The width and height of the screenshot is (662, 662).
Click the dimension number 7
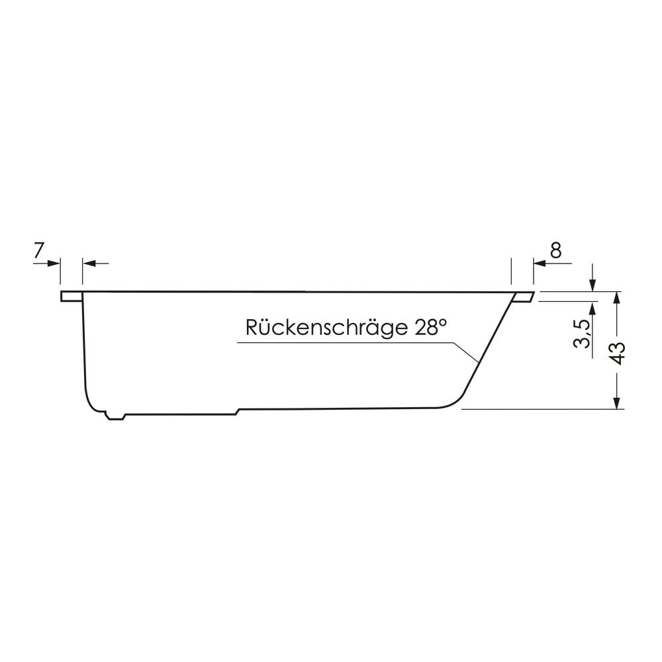[39, 250]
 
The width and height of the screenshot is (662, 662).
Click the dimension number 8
[556, 250]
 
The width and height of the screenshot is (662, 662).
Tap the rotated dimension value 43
[617, 353]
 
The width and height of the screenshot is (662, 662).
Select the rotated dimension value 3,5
[581, 334]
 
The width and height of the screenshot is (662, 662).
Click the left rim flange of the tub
[71, 297]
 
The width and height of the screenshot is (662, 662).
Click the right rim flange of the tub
[523, 297]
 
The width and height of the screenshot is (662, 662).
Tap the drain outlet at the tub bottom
[116, 416]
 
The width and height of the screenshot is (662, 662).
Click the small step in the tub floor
[237, 412]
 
